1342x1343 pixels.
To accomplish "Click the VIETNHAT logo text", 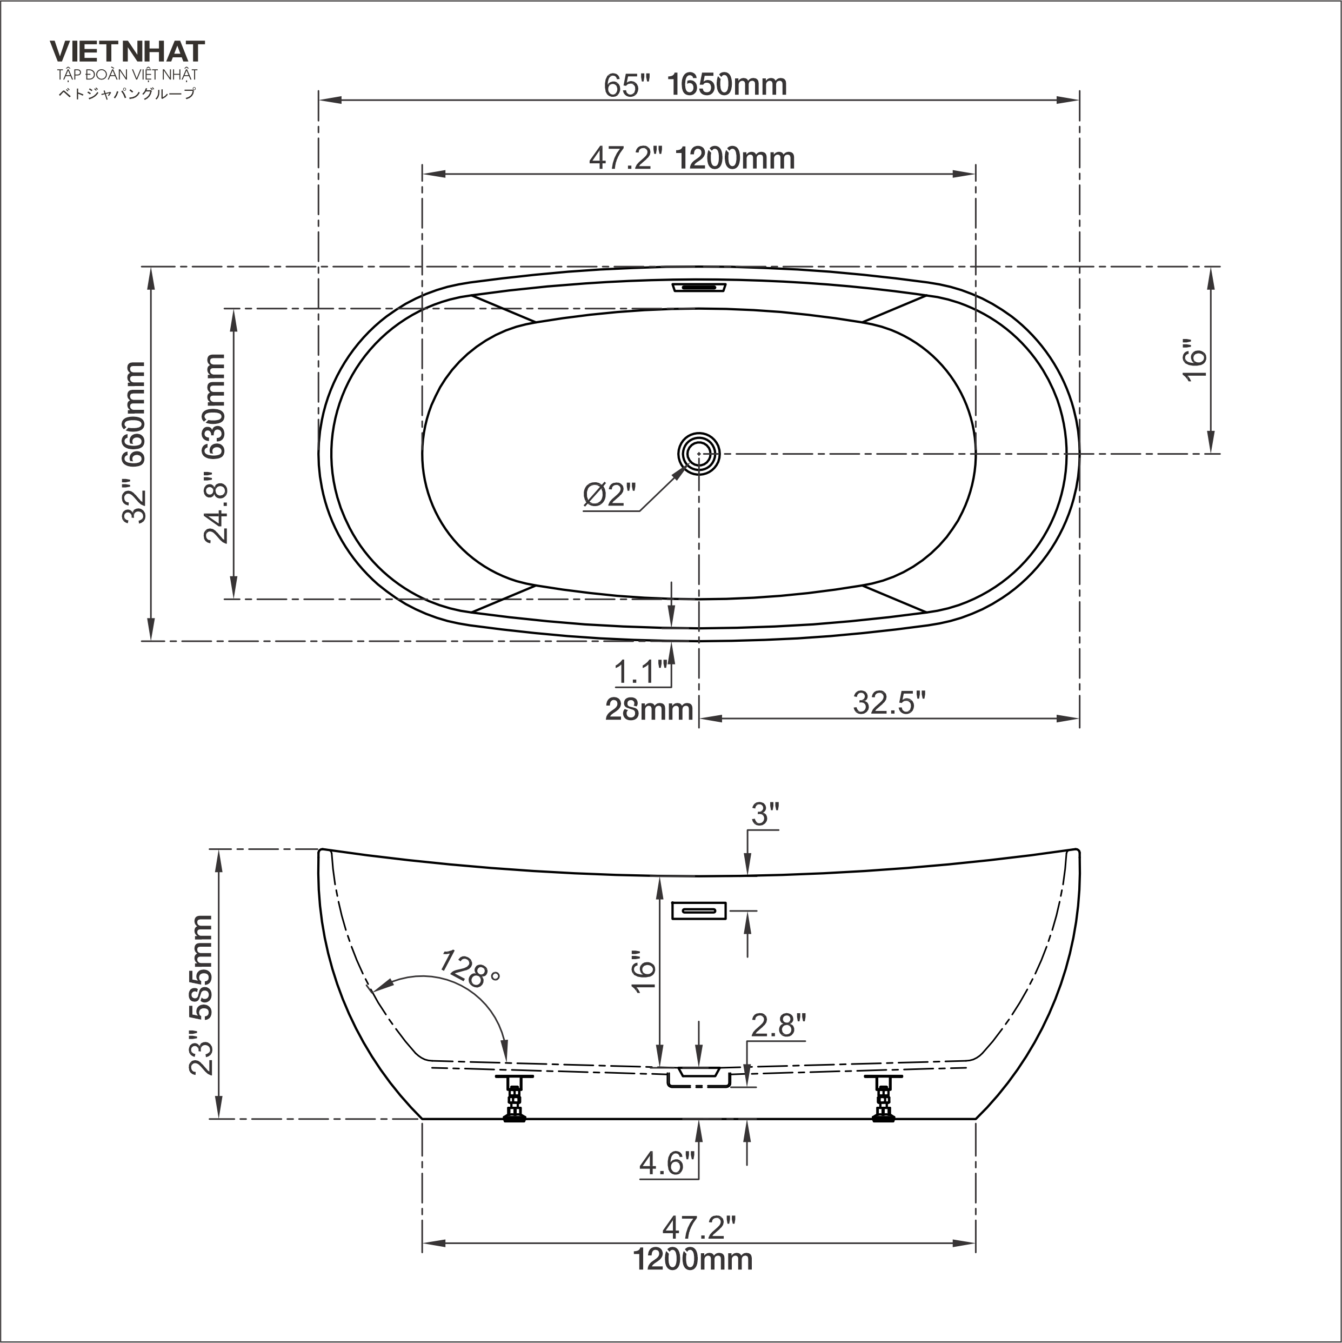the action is pos(127,51).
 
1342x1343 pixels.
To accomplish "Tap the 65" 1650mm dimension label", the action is pos(695,85).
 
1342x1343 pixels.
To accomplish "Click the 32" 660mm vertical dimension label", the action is pos(134,442).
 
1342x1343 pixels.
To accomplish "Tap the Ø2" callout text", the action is pos(610,495).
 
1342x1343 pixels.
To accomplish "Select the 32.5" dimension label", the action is pos(890,703).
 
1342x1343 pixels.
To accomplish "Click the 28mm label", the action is pos(649,710).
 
